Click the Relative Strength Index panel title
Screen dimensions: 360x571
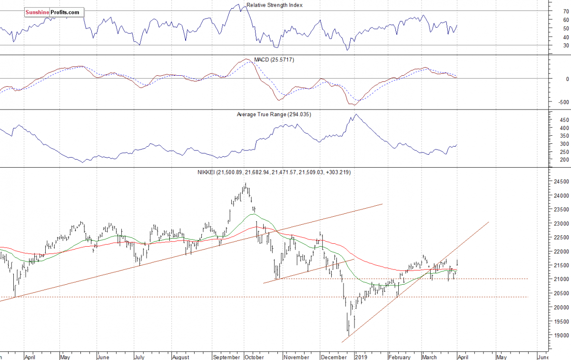pyautogui.click(x=274, y=5)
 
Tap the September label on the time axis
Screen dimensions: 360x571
pyautogui.click(x=226, y=356)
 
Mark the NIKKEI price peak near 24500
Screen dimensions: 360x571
pyautogui.click(x=246, y=184)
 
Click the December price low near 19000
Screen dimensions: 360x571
pyautogui.click(x=348, y=335)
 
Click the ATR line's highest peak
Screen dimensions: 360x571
pyautogui.click(x=355, y=114)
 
